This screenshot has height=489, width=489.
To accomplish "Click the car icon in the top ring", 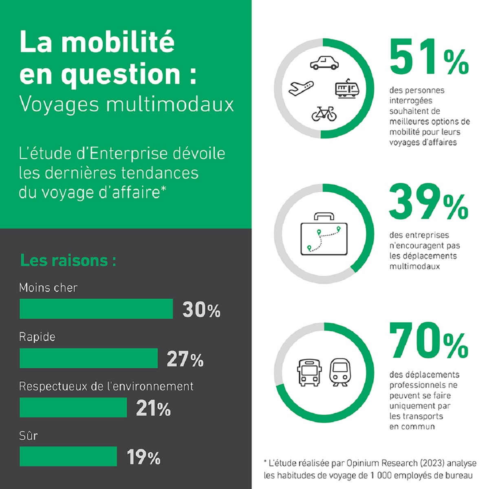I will click(324, 62).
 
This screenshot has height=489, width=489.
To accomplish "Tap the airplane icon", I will click(301, 88).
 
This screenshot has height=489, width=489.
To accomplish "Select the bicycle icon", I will click(324, 114).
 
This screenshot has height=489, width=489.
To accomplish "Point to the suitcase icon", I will click(324, 234).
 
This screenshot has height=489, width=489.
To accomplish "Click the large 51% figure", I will click(429, 57).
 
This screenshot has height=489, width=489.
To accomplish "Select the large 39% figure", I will click(429, 202).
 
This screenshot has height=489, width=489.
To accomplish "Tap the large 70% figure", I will click(429, 341).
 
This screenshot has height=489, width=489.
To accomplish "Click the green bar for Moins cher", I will click(96, 309).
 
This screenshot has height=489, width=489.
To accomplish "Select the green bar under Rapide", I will click(88, 358).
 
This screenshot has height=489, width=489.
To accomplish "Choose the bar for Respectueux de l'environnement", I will click(73, 407).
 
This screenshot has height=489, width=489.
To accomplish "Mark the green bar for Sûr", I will click(68, 456).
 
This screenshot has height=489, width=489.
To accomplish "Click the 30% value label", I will click(201, 310).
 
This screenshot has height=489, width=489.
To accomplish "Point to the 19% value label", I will click(143, 457).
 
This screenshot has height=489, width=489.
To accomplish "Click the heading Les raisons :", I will click(68, 260).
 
